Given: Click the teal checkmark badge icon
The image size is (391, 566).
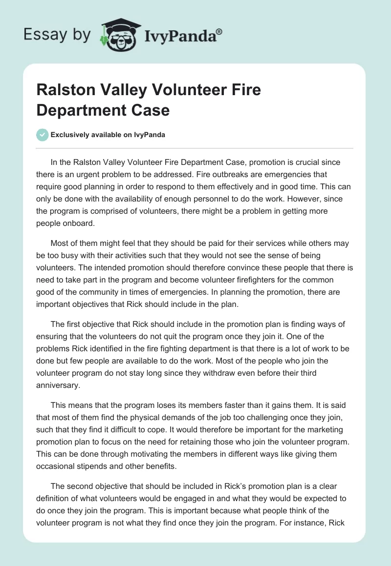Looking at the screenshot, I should [43, 135].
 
